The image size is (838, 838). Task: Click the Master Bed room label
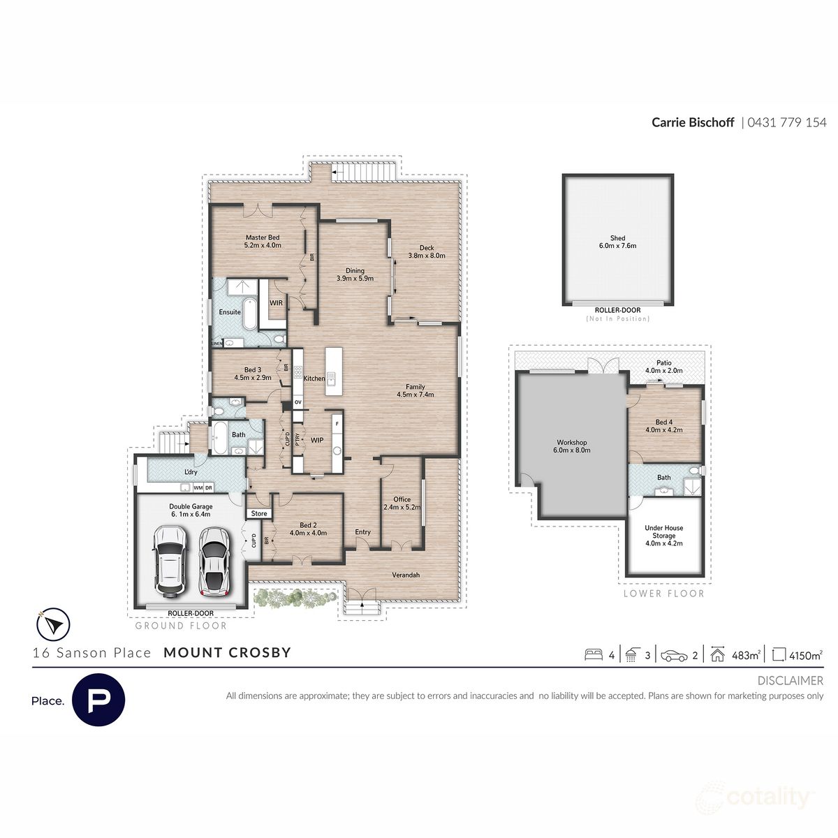[x=262, y=237]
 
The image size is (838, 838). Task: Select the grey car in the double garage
[x=214, y=560]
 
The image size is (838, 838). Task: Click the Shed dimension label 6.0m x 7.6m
[x=617, y=246]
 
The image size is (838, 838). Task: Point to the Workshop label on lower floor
[x=571, y=442]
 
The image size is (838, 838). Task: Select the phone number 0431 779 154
[x=787, y=122]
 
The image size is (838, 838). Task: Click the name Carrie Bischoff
[x=693, y=122]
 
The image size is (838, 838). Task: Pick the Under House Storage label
[x=663, y=532]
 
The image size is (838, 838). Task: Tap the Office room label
[x=402, y=499]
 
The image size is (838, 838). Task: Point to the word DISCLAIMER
[x=790, y=680]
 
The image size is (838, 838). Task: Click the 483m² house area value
[x=745, y=655]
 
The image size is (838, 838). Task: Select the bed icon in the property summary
[x=594, y=655]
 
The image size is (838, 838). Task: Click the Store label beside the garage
[x=259, y=513]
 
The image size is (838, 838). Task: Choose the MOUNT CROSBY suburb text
[x=227, y=653]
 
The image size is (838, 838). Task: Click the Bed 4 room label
[x=663, y=422]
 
